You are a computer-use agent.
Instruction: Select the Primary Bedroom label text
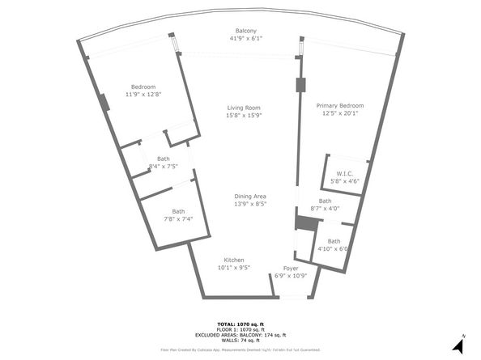(339, 105)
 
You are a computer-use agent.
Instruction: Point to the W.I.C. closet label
(344, 173)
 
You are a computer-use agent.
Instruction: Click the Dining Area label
(250, 197)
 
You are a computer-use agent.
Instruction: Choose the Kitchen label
(234, 259)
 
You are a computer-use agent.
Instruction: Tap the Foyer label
(291, 269)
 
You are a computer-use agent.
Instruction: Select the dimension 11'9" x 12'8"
(143, 95)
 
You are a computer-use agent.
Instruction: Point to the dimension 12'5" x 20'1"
(339, 113)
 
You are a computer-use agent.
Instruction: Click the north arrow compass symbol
(458, 345)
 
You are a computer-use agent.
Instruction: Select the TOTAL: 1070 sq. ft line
(240, 323)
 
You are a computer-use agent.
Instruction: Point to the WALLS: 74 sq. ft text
(240, 340)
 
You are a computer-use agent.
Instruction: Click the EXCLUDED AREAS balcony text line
(240, 334)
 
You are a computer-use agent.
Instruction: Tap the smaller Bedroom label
(143, 87)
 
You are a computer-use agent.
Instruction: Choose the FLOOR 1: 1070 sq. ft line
(240, 328)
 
